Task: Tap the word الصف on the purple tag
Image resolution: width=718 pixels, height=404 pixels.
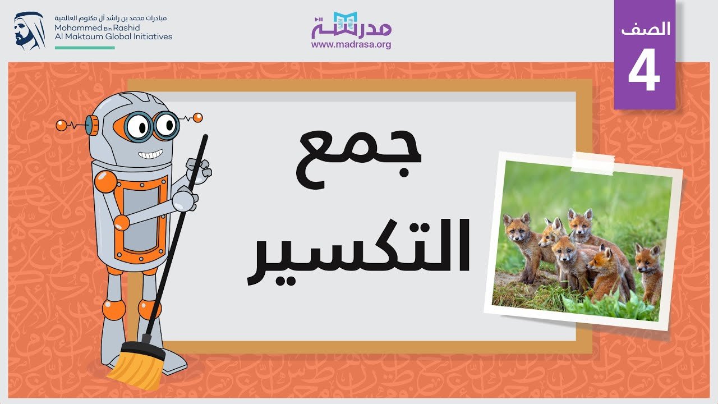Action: click(646, 29)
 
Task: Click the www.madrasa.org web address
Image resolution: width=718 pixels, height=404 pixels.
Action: click(351, 44)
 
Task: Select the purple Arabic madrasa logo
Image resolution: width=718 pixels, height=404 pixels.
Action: click(351, 25)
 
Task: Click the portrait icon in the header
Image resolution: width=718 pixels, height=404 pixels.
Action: click(29, 31)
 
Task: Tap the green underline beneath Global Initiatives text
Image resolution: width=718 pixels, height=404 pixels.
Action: click(85, 48)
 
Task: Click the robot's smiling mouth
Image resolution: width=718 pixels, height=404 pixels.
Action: click(150, 154)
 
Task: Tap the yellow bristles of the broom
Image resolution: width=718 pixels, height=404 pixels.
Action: click(137, 368)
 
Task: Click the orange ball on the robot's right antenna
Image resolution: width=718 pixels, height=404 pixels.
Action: click(198, 118)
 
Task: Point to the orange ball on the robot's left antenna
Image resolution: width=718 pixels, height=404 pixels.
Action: click(61, 125)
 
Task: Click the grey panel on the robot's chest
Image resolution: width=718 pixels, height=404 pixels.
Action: click(141, 219)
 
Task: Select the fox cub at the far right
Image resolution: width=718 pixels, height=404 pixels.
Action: click(649, 273)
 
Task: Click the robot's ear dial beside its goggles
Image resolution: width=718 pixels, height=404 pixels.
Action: click(93, 125)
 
